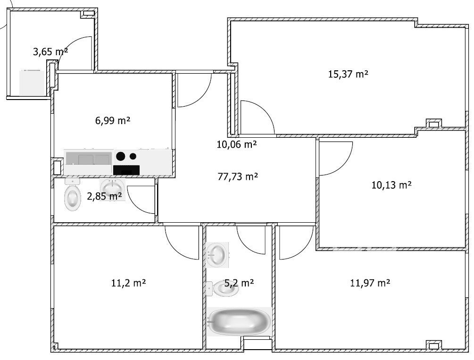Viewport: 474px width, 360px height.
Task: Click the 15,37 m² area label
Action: [348, 74]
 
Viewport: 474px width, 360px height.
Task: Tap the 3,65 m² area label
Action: [50, 52]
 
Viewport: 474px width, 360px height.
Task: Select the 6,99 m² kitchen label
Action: [113, 121]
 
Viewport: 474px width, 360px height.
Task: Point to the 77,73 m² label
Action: [238, 176]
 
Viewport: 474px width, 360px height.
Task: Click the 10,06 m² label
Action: [237, 144]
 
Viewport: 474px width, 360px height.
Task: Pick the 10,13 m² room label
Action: [391, 184]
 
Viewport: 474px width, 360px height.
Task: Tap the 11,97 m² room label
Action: [370, 283]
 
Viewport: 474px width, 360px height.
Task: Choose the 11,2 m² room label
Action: [129, 283]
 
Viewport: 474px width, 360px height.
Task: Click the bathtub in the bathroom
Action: [240, 322]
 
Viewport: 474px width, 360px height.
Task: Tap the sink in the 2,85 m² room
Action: [112, 188]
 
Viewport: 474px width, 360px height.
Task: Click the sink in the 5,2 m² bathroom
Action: [217, 255]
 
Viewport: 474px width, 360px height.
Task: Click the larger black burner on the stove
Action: [120, 156]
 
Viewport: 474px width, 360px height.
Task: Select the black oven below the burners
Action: [126, 170]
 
